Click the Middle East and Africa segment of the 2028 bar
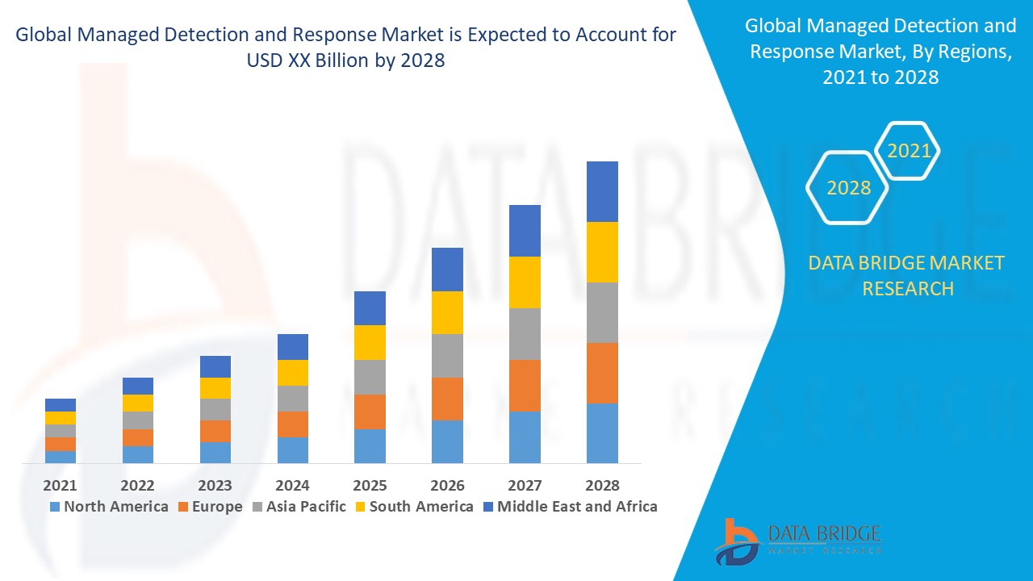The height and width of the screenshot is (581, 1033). tap(602, 191)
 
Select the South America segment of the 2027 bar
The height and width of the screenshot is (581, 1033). tap(525, 282)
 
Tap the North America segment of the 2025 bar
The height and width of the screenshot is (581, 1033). tap(370, 445)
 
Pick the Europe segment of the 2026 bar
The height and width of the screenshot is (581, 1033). tap(447, 399)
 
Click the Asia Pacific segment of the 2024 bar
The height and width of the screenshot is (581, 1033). tap(293, 399)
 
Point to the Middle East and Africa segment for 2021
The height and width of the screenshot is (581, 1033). tap(61, 405)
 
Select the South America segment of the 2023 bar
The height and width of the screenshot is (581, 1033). tap(215, 388)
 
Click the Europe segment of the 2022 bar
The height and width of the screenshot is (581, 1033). tap(138, 437)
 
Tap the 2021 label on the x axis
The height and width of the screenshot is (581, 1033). tap(61, 485)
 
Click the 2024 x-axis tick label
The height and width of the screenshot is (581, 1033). tap(293, 485)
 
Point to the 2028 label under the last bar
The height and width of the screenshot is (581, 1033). tap(602, 485)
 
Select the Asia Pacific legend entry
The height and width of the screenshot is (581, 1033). tap(301, 507)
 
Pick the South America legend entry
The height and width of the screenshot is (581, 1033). tap(413, 507)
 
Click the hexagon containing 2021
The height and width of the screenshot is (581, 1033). tap(908, 151)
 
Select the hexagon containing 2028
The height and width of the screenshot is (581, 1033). tap(848, 187)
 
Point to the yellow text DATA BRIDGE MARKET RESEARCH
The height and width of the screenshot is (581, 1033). tap(907, 275)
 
